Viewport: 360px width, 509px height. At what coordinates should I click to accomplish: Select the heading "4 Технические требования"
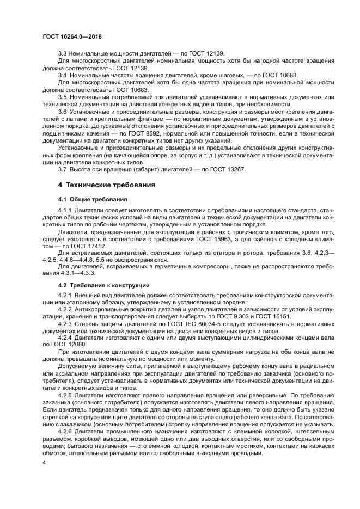(x=101, y=185)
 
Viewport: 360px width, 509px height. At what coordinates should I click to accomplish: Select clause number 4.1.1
(x=65, y=210)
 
